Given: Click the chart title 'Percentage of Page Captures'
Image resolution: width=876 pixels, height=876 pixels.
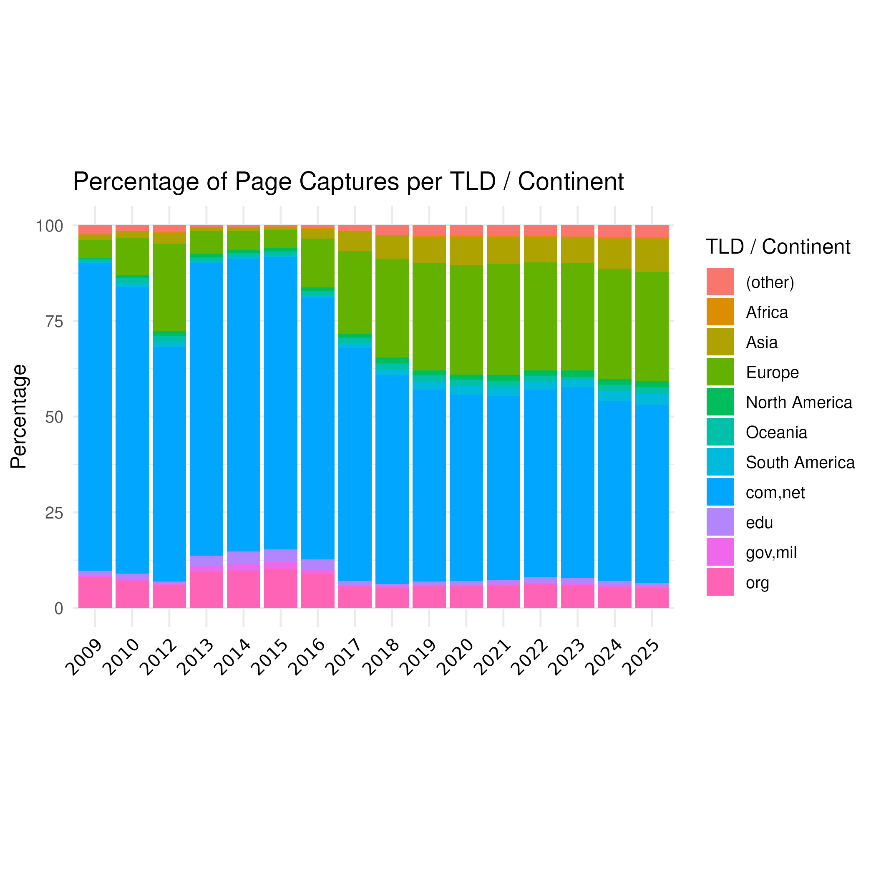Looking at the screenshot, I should tap(348, 182).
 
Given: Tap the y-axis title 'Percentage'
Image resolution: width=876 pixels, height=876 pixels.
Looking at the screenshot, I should tap(19, 416).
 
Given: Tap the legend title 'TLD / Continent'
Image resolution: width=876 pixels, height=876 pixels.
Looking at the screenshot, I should tap(778, 247).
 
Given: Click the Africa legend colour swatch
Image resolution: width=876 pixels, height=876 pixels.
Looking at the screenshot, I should tap(720, 312).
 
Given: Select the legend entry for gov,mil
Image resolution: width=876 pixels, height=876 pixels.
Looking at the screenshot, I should tap(771, 553).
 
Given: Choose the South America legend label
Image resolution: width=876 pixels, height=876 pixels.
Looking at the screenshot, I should tap(800, 463).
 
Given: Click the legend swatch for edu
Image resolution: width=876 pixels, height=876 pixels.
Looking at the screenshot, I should tap(720, 522).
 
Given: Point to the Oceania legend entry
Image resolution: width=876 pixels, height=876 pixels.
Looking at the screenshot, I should tap(776, 433).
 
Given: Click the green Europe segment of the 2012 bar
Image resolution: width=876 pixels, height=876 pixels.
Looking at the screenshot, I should tap(169, 287).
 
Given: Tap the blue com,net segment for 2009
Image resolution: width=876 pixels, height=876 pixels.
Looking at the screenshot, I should tap(95, 416).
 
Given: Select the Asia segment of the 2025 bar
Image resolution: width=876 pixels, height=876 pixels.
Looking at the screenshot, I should tap(652, 255).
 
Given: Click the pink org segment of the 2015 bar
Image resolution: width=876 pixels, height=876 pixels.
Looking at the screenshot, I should tap(281, 588).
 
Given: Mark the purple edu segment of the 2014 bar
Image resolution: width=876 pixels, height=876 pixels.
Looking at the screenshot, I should tap(244, 558).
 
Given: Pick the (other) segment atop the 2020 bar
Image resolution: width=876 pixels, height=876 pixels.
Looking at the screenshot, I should tap(466, 230).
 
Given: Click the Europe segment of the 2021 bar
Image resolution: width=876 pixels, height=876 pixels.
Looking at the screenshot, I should tap(503, 319).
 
